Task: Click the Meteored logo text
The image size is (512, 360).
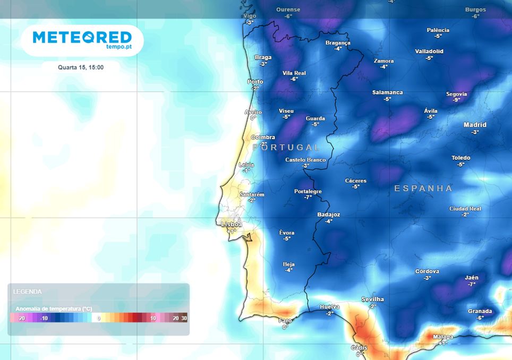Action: point(82,37)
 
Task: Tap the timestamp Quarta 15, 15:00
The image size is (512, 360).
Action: point(81,67)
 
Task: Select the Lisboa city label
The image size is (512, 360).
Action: point(232,225)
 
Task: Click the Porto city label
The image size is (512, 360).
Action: point(255,82)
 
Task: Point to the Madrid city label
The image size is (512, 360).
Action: point(474,125)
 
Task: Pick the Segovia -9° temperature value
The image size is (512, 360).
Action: point(456,100)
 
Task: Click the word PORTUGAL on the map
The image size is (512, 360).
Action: point(286,147)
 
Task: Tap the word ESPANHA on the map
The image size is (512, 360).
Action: point(423,188)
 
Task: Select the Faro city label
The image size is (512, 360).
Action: point(285,321)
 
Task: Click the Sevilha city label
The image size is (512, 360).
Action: point(372,299)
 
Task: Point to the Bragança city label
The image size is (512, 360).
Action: point(338,42)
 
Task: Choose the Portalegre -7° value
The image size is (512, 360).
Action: point(308,197)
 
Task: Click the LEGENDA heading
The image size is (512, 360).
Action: point(27,292)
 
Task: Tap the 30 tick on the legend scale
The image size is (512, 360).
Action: point(184,318)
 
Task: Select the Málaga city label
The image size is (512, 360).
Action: point(443,337)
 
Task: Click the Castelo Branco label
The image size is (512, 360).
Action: point(305,160)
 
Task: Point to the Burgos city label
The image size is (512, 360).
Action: point(475,10)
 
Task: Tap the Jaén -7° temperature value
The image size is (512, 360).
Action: point(471,284)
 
